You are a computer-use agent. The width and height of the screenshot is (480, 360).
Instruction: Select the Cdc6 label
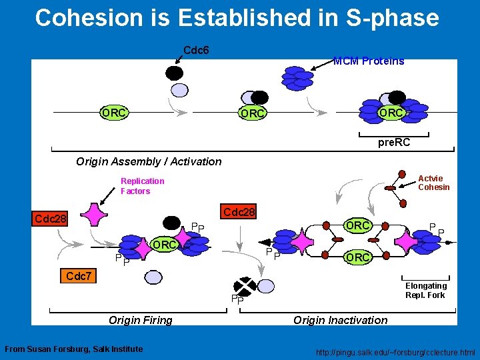pos(197,50)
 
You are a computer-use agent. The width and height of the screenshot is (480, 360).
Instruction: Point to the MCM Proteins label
pos(369,61)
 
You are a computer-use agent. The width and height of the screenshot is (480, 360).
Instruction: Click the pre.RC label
pos(394,143)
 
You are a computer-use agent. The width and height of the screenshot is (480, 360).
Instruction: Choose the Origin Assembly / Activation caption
pos(149,161)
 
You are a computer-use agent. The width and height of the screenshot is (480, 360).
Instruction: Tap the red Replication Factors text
pos(142,186)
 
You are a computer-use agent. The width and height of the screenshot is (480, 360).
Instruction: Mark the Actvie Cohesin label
pos(433,183)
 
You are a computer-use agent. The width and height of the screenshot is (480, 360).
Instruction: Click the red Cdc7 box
pos(79,275)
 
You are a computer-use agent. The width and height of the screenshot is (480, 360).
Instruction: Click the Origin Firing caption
pos(141,320)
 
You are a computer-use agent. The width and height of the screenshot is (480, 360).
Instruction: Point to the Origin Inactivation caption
pos(340,320)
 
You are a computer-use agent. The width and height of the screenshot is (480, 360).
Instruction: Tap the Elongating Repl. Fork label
pos(426,290)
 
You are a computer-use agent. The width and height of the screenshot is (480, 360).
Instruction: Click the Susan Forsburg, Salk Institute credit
pos(73,349)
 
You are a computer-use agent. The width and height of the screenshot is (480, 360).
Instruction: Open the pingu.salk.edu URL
pos(397,351)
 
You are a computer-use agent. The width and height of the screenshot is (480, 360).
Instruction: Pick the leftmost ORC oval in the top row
pos(114,113)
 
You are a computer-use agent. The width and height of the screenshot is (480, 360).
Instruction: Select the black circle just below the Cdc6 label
pos(174,73)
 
